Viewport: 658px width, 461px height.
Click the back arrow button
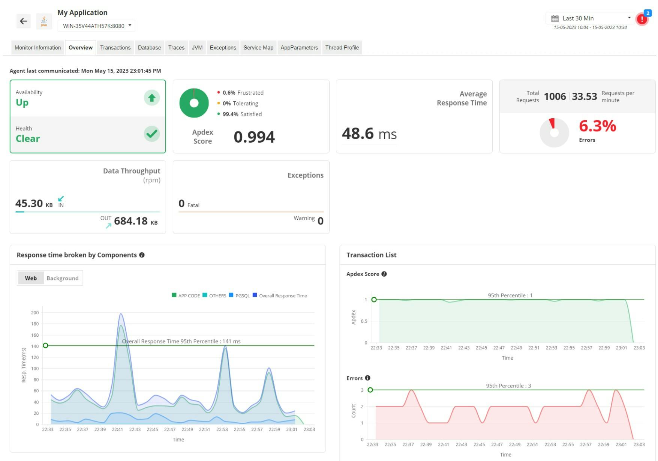[23, 21]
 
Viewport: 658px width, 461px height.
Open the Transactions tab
[115, 48]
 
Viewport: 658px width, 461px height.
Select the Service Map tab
[258, 48]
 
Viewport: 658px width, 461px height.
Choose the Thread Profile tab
[342, 48]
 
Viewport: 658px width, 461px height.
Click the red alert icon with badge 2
[642, 19]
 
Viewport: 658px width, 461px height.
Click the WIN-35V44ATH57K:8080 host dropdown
[97, 26]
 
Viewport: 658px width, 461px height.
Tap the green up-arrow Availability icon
[151, 98]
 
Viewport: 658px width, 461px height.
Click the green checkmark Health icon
[151, 134]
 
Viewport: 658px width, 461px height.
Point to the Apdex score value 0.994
[254, 137]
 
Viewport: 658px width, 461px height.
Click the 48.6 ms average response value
[369, 134]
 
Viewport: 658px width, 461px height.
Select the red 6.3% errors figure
[597, 126]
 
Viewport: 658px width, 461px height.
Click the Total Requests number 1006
[555, 96]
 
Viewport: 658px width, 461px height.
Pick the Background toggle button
[62, 278]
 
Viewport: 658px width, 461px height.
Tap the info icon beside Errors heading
[367, 378]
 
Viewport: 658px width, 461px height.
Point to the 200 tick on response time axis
[35, 313]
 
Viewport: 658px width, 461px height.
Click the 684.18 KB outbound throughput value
[131, 221]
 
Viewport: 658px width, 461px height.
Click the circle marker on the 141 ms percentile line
[45, 345]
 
